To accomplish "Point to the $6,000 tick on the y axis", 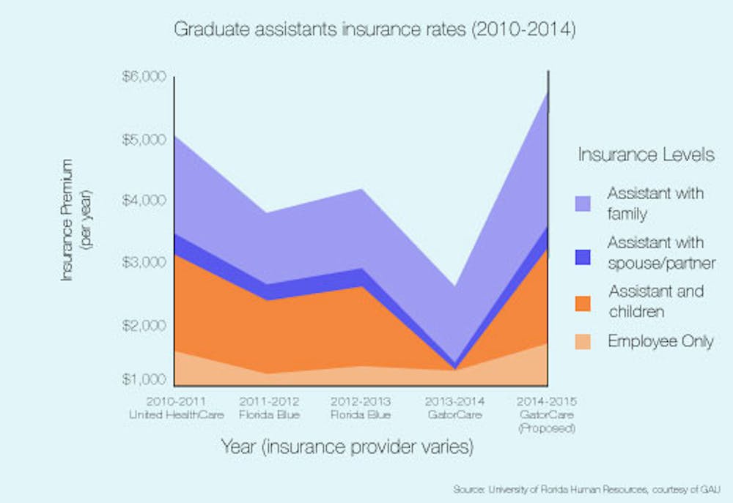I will pos(145,77).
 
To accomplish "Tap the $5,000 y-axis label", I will pos(145,139).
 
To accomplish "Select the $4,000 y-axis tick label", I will pos(145,200).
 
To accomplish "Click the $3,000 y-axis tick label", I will pos(145,262).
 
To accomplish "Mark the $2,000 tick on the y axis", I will pos(145,324).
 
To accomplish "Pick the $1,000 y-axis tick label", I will pos(145,379).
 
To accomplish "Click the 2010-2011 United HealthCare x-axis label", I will pos(175,408).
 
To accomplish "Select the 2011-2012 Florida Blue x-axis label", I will pos(268,408).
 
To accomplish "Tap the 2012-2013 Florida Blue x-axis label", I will pos(361,408).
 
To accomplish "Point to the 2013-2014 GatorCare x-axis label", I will pos(454,408).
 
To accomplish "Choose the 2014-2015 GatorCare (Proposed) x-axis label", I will pos(547,414).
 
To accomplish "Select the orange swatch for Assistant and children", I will pos(582,302).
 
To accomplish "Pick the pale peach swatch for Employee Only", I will pos(582,341).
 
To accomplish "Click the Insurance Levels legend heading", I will pos(646,155).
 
